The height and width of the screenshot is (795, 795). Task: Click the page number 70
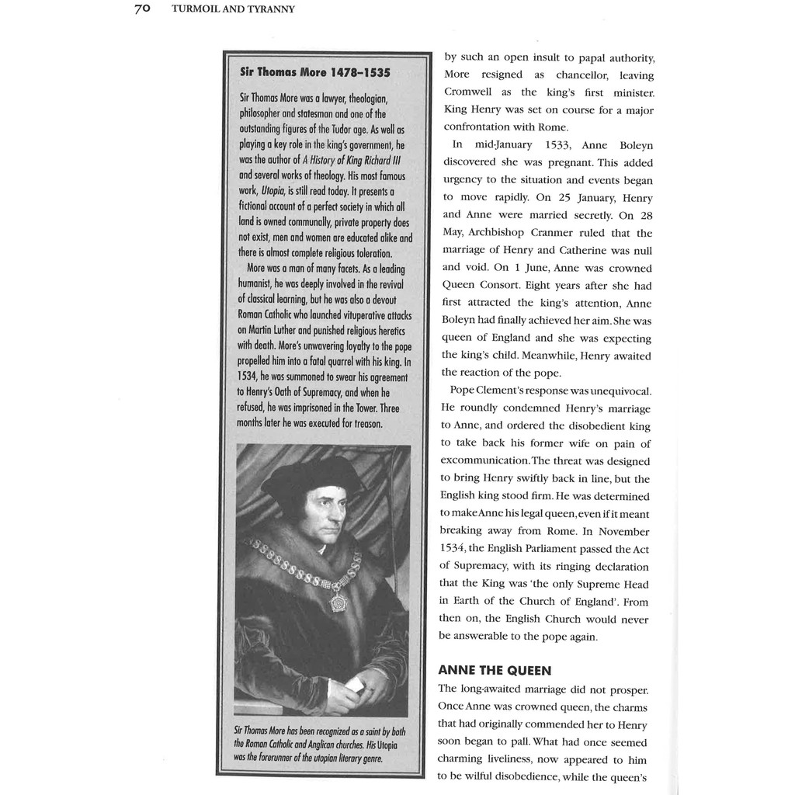click(x=141, y=9)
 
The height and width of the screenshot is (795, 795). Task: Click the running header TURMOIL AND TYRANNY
click(x=233, y=9)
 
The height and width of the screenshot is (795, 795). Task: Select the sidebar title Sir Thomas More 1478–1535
click(x=315, y=72)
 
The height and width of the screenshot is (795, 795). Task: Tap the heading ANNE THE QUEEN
click(x=495, y=670)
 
